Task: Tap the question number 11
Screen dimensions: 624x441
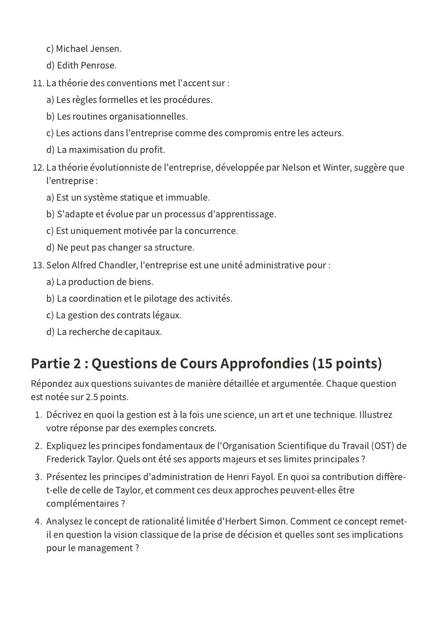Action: [x=38, y=83]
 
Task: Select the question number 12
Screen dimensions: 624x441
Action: [x=38, y=168]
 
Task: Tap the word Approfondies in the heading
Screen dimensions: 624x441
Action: [x=264, y=364]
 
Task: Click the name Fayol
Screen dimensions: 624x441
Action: [x=262, y=477]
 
